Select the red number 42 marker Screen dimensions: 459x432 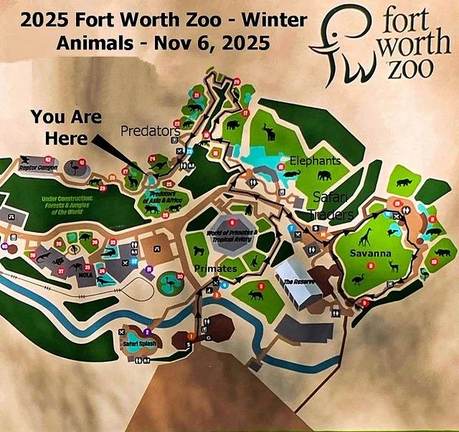[48, 159]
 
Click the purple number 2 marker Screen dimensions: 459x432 [146, 332]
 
